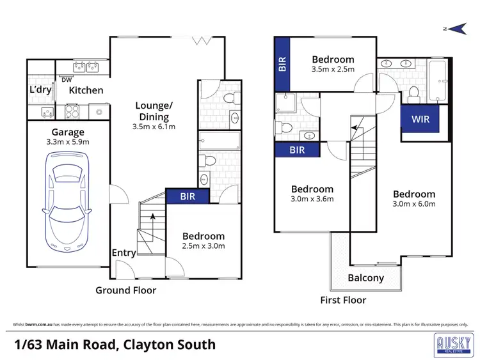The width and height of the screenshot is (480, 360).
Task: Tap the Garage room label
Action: (x=68, y=132)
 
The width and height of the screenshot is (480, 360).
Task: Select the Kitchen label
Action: (x=86, y=90)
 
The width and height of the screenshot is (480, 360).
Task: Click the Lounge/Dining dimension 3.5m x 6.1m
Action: (x=154, y=127)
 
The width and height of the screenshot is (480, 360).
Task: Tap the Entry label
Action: (x=124, y=253)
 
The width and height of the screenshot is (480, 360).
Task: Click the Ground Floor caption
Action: (x=125, y=290)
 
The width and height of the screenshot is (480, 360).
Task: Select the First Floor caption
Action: (x=343, y=299)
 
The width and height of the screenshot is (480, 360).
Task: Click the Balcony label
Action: (x=365, y=278)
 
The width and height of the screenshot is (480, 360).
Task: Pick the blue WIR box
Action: (x=420, y=119)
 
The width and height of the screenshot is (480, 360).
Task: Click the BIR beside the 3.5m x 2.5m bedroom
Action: (x=282, y=63)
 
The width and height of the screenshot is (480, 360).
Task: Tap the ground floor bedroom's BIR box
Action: (x=187, y=197)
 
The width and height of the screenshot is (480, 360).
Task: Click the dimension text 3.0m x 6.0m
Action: (x=414, y=205)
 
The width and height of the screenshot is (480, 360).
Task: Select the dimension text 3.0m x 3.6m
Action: (x=312, y=199)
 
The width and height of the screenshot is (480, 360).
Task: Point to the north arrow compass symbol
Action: (x=457, y=27)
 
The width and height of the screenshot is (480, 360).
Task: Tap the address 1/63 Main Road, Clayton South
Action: (x=115, y=345)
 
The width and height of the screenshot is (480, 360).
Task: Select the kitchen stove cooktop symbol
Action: (x=71, y=112)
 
